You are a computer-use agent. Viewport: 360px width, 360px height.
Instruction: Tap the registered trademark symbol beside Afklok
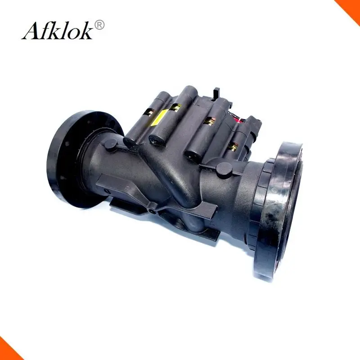[99, 25]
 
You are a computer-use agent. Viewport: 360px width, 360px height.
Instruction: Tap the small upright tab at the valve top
[216, 93]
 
